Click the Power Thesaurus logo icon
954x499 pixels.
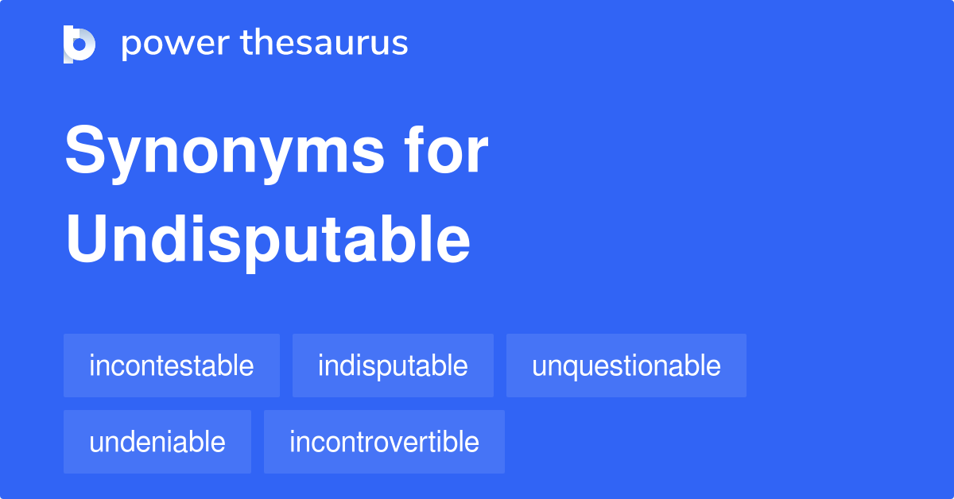click(79, 44)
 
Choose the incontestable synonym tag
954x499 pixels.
click(172, 366)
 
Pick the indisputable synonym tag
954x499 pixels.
click(393, 366)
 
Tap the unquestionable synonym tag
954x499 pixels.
click(626, 366)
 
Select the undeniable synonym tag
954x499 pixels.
click(157, 442)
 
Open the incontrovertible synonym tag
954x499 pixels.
click(384, 442)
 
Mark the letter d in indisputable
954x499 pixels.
click(343, 366)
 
